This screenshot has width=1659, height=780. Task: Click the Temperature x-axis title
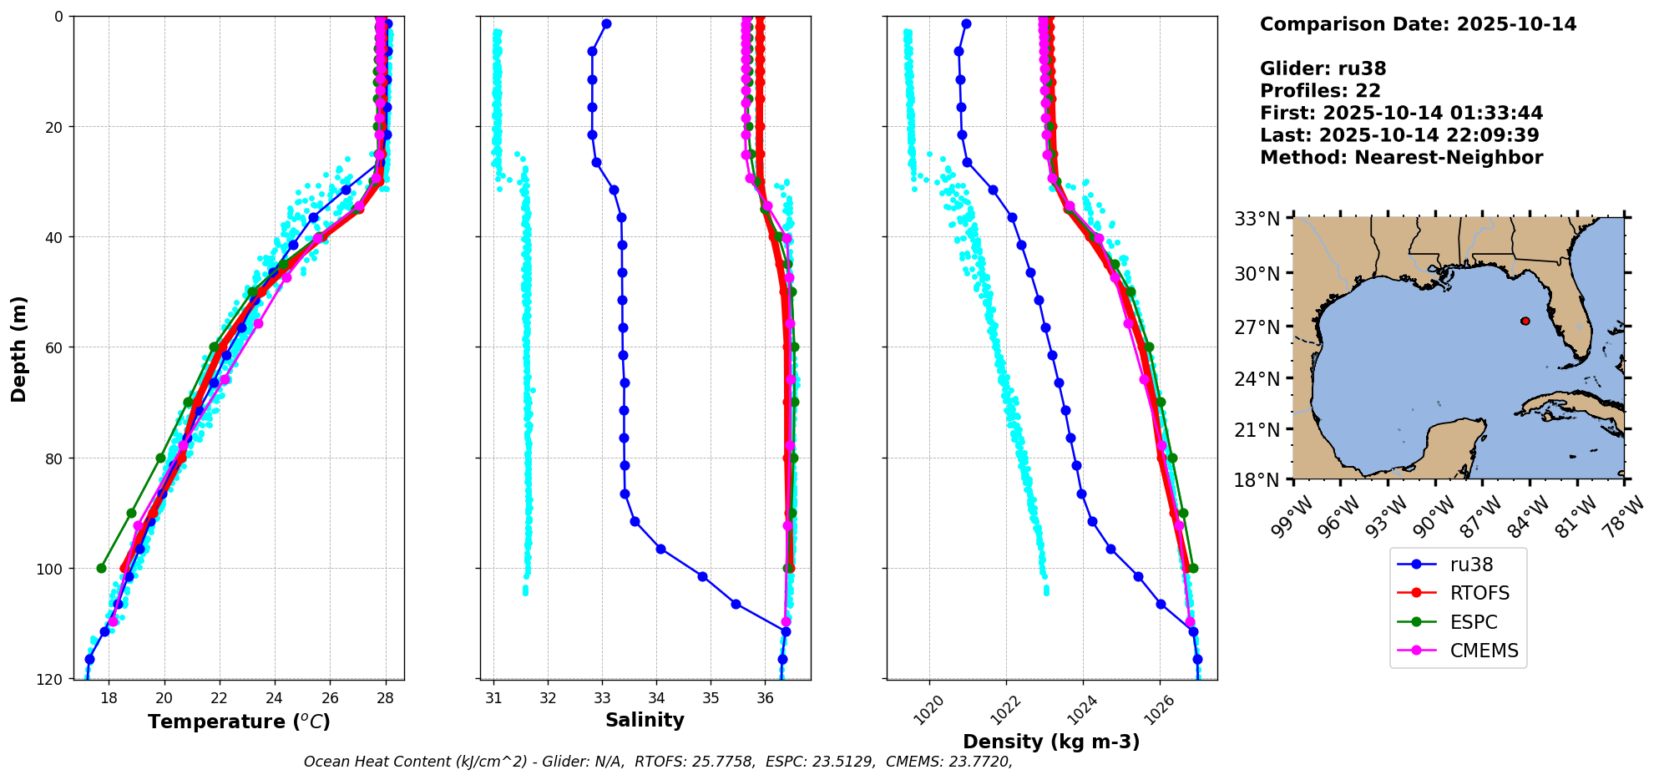239,722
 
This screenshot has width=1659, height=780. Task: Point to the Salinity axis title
645,721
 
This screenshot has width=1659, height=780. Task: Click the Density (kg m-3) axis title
1051,742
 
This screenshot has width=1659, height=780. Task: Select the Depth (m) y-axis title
19,348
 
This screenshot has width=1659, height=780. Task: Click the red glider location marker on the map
1525,321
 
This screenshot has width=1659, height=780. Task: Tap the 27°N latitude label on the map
1257,327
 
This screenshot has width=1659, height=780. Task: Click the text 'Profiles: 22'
1320,91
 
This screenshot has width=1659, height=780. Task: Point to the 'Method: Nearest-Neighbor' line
1401,158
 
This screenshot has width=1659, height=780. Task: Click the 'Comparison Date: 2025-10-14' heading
1418,24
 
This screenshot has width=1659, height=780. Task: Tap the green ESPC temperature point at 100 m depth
102,569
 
